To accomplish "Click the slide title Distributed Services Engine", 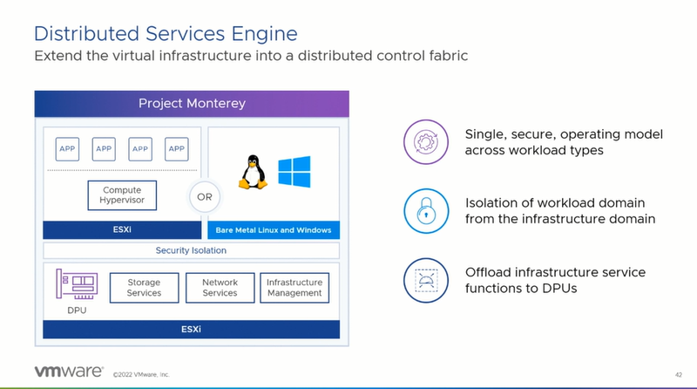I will (165, 33).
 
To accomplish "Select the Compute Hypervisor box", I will (122, 195).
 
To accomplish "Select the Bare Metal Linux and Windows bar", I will (274, 231).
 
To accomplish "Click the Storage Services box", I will (144, 288).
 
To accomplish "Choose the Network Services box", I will (220, 288).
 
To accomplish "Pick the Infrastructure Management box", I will (294, 288).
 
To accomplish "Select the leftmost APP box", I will (67, 148).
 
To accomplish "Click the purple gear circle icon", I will (423, 142).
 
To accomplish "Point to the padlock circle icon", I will (423, 210).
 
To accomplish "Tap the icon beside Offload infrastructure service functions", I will (423, 280).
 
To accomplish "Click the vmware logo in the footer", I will (69, 372).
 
